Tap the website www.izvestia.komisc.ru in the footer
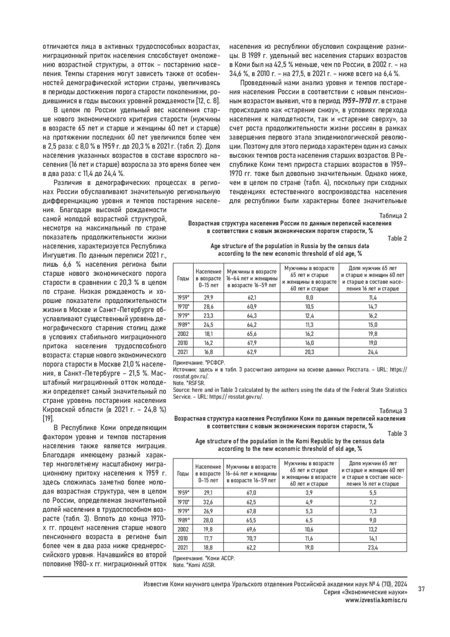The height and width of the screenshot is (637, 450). [x=376, y=600]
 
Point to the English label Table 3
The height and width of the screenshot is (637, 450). [x=397, y=434]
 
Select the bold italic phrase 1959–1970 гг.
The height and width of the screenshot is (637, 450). [x=360, y=101]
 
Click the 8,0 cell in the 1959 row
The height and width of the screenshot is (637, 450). [x=309, y=298]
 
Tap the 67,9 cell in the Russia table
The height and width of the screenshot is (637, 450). [x=252, y=343]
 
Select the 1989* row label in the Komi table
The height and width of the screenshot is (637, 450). [x=183, y=520]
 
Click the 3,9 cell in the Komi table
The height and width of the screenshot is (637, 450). [x=309, y=493]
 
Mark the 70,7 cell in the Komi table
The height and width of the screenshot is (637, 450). [x=252, y=538]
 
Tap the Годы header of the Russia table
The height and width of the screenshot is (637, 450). [x=183, y=278]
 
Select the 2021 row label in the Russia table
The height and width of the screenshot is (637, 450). [x=183, y=352]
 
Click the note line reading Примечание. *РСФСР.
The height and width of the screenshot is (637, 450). [x=198, y=363]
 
